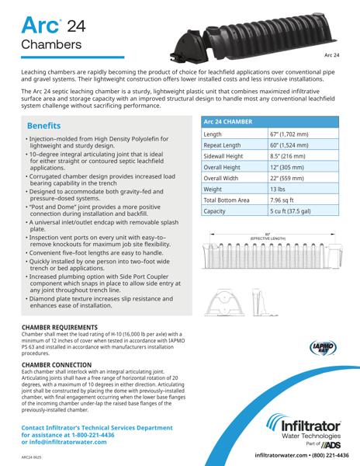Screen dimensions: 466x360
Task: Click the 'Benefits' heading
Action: click(x=49, y=126)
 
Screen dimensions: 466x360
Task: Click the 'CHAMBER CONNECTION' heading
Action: click(x=62, y=364)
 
